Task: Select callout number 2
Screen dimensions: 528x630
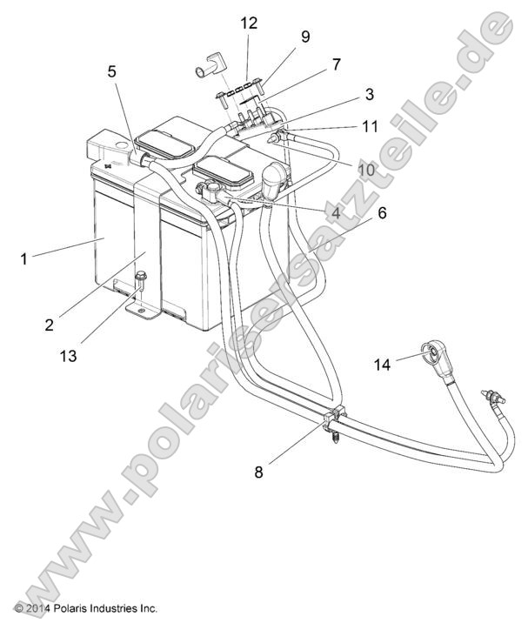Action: click(50, 325)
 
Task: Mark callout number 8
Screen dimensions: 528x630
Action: click(257, 473)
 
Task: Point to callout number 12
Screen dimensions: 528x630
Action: click(249, 23)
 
